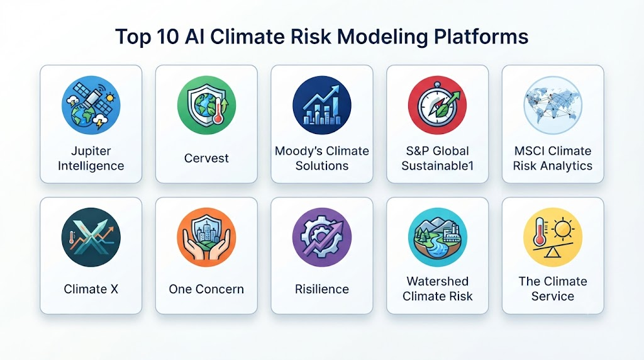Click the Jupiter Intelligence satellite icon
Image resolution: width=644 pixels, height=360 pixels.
[x=91, y=105]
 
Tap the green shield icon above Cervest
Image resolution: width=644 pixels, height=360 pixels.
[x=206, y=105]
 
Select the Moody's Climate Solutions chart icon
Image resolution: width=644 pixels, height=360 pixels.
[x=322, y=105]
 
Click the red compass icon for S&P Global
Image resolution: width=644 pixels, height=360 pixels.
[x=438, y=105]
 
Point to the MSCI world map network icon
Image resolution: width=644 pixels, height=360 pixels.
[x=553, y=105]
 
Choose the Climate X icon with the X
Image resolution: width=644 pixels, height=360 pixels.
[x=91, y=237]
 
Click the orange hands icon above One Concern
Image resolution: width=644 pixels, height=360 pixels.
[x=206, y=237]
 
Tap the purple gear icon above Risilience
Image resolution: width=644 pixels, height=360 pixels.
[x=322, y=237]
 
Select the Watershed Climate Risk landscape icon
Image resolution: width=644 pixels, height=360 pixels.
[x=438, y=237]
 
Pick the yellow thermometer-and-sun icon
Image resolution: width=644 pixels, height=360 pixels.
[x=553, y=237]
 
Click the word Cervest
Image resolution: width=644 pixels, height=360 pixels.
[x=206, y=158]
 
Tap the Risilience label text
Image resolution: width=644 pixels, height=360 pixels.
[x=322, y=290]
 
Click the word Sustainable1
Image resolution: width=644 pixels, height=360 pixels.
[x=438, y=166]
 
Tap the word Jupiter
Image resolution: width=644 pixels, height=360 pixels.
[x=91, y=151]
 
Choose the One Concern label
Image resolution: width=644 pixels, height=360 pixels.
[x=206, y=290]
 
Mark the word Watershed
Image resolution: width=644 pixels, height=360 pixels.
[x=438, y=281]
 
